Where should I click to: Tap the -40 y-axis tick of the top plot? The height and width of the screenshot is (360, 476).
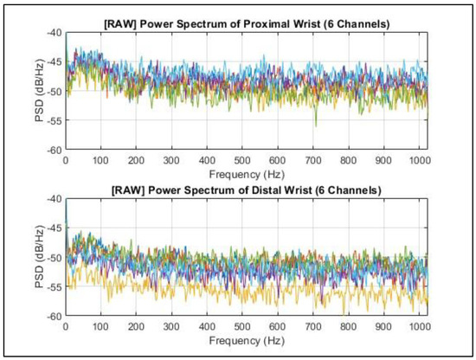[55, 32]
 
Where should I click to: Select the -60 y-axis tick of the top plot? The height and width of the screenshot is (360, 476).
[55, 149]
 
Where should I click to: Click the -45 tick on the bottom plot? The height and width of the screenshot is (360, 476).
[55, 228]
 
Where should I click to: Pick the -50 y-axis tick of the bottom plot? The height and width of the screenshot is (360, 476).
[55, 258]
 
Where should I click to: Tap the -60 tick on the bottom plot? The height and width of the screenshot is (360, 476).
[55, 316]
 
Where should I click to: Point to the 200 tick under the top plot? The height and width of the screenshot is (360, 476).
[136, 158]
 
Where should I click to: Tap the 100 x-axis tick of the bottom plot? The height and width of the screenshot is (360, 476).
[101, 325]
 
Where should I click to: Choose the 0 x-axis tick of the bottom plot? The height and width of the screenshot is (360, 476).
[66, 325]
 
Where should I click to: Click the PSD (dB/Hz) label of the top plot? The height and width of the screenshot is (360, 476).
[39, 91]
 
